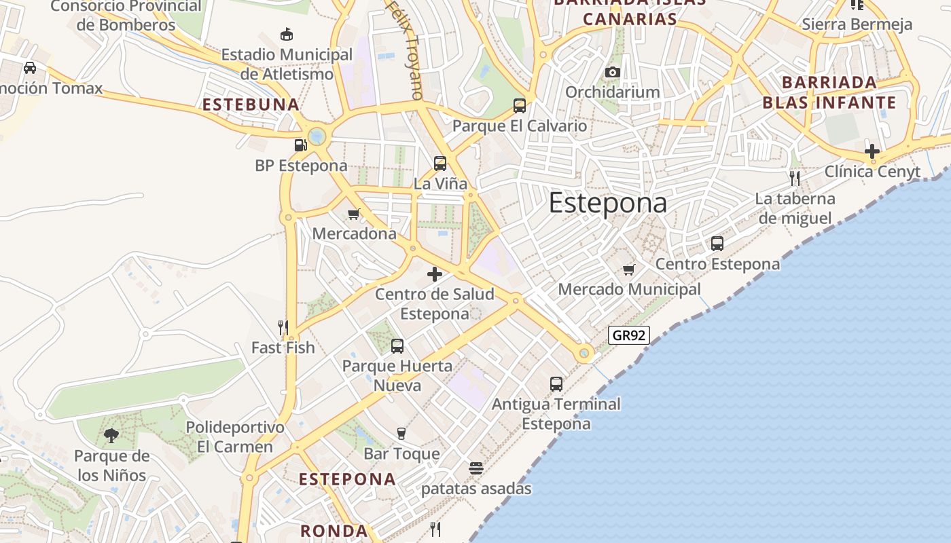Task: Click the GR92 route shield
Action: point(629,335)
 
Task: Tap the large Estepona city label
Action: point(607,204)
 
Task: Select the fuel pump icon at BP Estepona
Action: point(300,145)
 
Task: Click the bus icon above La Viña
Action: point(440,164)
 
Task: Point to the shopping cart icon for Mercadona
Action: point(353,214)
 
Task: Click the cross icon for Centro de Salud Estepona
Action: point(435,274)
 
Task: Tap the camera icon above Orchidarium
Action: point(612,72)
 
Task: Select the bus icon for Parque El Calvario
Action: point(520,105)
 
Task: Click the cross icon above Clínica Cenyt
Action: point(872,151)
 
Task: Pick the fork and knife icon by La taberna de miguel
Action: point(795,179)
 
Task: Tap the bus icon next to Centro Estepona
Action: point(717,244)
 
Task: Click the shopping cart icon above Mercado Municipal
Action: point(629,269)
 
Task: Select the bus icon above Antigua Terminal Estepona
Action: point(556,384)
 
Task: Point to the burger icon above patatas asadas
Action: point(476,468)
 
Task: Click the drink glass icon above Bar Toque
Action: point(401,433)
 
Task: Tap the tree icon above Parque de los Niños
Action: point(111,436)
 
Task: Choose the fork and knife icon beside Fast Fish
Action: point(283,328)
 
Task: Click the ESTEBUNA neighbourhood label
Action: point(251,105)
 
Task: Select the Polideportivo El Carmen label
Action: point(235,437)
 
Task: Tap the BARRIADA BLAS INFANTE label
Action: point(829,92)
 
